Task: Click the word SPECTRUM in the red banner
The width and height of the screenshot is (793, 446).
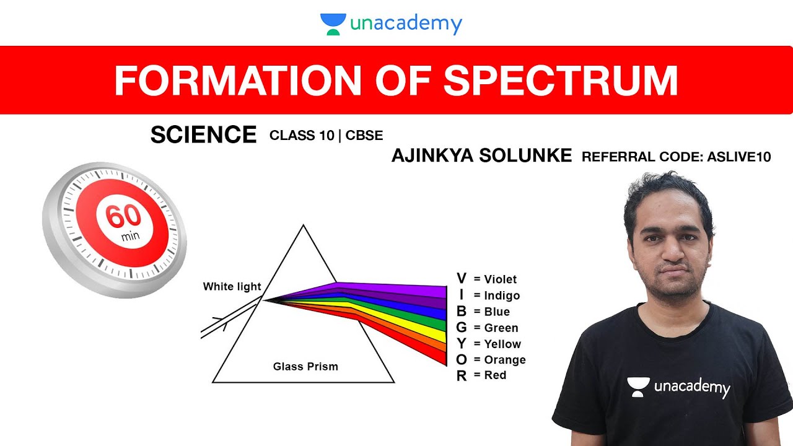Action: click(x=560, y=80)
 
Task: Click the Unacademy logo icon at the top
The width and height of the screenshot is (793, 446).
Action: click(x=333, y=24)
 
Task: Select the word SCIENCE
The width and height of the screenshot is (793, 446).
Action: click(x=203, y=134)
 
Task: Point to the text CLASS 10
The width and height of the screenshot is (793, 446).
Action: click(x=302, y=136)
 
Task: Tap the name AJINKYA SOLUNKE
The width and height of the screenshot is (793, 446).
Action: click(x=481, y=155)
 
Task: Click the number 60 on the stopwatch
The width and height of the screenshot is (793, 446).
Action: click(x=123, y=217)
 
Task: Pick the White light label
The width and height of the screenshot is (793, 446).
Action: click(x=232, y=286)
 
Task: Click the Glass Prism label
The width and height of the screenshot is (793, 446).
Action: click(x=305, y=366)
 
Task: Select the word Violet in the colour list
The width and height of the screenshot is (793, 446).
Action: click(x=501, y=279)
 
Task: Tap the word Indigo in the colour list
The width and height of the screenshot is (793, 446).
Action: click(x=502, y=295)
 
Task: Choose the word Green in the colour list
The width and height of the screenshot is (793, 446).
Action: click(x=501, y=328)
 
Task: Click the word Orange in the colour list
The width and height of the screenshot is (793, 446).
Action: click(x=505, y=360)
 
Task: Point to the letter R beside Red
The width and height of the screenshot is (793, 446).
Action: click(x=461, y=375)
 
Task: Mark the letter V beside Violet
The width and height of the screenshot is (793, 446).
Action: click(x=461, y=279)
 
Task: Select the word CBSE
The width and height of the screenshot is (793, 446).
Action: click(x=364, y=136)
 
